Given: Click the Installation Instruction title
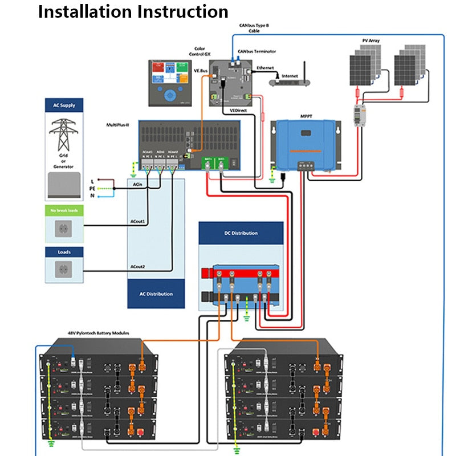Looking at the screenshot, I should (133, 11).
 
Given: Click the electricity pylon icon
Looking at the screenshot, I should (63, 134).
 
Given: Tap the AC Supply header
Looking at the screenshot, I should (64, 105).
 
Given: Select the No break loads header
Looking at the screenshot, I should (64, 210).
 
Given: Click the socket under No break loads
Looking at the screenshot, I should (63, 229).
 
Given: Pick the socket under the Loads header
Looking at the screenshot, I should (63, 270).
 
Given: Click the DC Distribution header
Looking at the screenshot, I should (241, 233).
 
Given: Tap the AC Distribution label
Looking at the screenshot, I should (156, 294).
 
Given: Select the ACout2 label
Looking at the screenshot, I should (137, 267).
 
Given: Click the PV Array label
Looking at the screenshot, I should (371, 41).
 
